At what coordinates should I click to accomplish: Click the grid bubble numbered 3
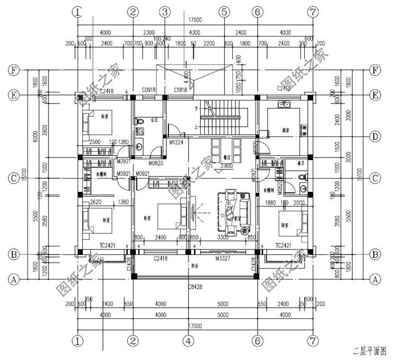[165, 11]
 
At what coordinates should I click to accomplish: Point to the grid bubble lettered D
[375, 137]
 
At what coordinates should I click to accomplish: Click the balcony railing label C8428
[195, 287]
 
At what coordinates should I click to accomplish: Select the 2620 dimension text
[96, 202]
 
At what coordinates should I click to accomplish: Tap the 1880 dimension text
[271, 202]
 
